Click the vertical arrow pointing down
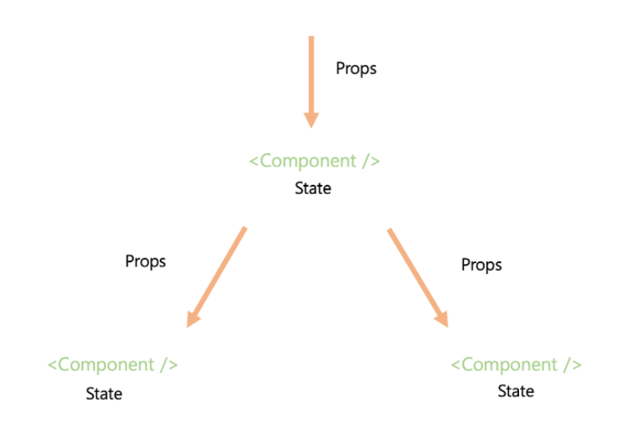(311, 79)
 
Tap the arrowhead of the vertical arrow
(311, 119)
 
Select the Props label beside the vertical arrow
(356, 68)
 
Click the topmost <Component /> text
(314, 161)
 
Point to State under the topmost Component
(313, 189)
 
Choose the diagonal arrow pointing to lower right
(416, 275)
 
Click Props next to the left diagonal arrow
(146, 261)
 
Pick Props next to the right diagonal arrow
(482, 265)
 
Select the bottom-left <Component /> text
(112, 365)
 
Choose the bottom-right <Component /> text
(516, 365)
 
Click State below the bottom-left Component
(104, 393)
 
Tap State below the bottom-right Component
(516, 391)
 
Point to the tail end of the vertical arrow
(311, 39)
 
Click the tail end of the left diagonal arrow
(244, 228)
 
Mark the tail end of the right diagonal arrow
(389, 231)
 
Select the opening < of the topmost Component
(254, 162)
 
